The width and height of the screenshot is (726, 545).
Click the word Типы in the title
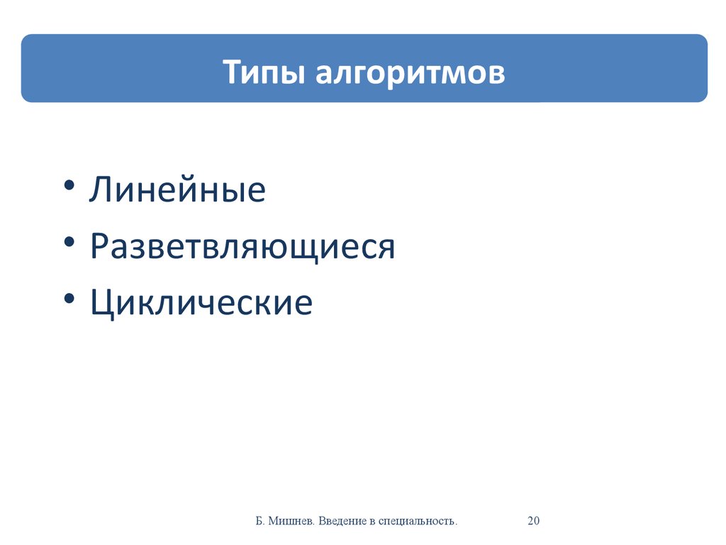point(264,73)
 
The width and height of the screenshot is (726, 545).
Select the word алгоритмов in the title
point(411,74)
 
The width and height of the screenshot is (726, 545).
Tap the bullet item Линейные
point(177,189)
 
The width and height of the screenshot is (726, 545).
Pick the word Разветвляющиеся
point(242,246)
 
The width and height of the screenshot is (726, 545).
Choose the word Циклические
point(201,302)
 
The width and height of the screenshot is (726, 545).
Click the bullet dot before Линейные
point(69,185)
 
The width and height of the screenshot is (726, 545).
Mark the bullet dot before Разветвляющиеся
point(69,242)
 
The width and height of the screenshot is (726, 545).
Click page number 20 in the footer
point(533,520)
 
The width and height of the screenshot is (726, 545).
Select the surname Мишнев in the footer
point(291,521)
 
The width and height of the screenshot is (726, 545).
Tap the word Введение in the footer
point(342,522)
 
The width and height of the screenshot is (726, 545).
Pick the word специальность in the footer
point(418,522)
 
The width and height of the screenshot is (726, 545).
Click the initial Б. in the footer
point(259,521)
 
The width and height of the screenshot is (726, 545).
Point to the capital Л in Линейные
point(100,189)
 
